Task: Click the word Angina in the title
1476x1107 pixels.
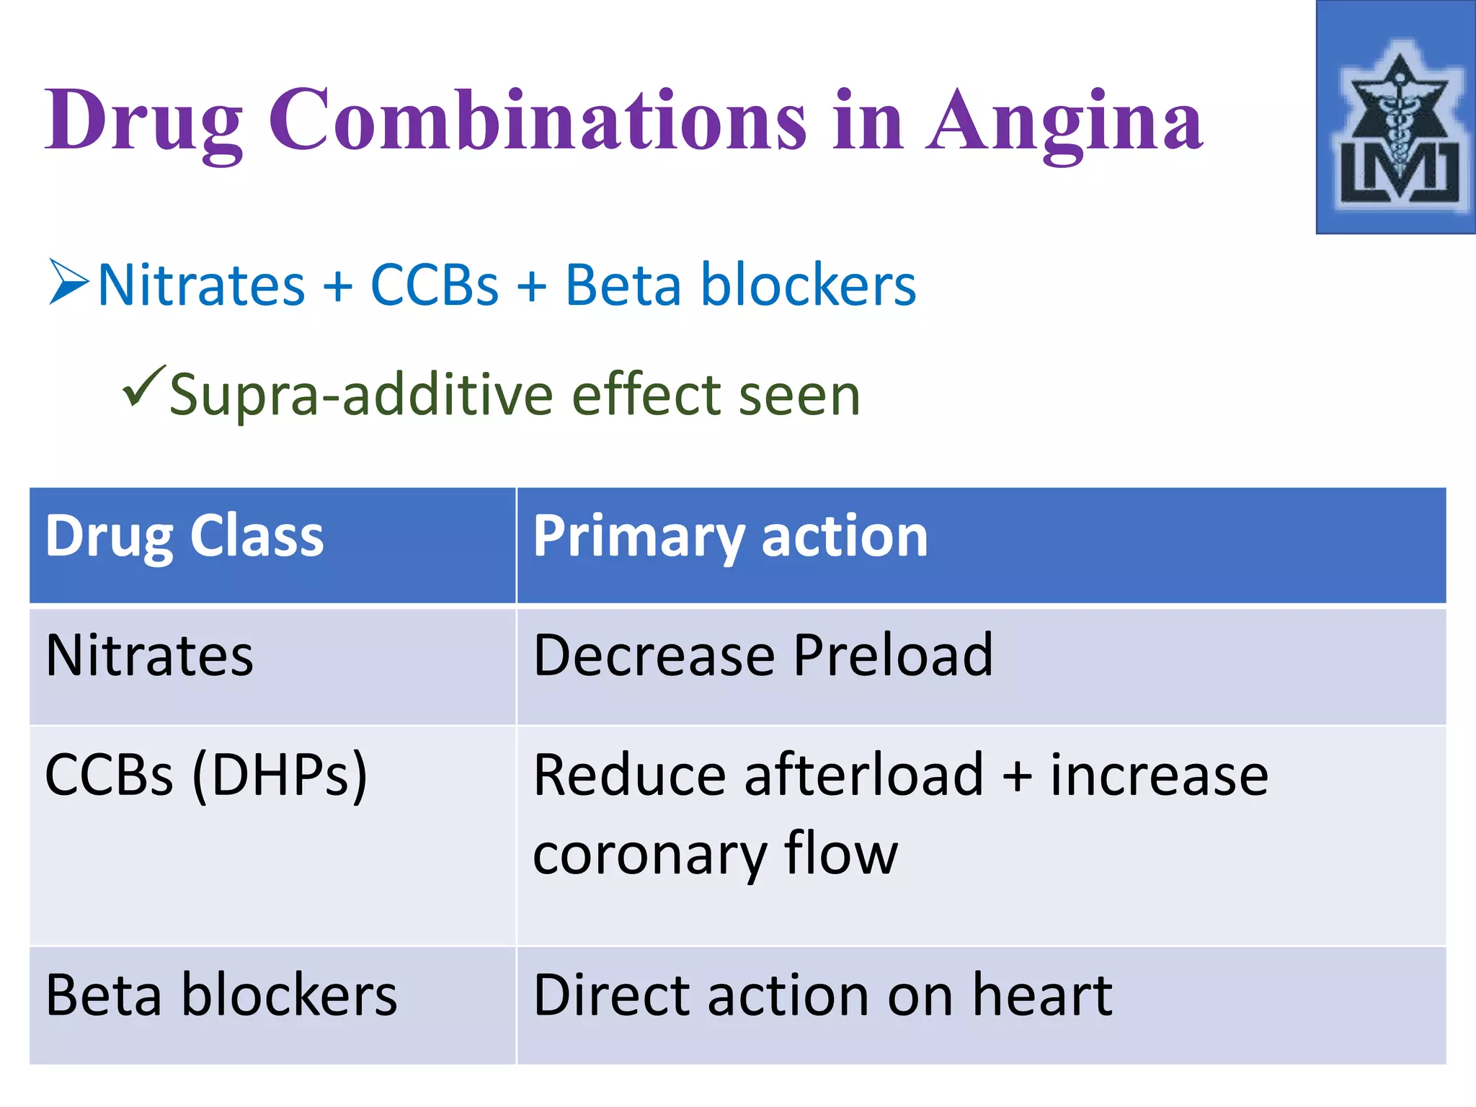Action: coord(1064,121)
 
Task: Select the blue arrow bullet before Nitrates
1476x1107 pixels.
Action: coord(68,283)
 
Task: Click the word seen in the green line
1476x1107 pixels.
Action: coord(799,395)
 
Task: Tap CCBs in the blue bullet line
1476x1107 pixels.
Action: coord(434,285)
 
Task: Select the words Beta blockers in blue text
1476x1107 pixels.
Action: coord(740,285)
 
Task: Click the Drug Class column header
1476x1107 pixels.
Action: coord(184,537)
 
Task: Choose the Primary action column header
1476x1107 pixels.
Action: coord(730,537)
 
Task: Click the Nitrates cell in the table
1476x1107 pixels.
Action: coord(149,655)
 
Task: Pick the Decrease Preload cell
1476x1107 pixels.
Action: coord(763,655)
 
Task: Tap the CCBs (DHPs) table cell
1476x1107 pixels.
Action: coord(205,775)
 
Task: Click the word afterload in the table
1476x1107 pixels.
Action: coord(863,775)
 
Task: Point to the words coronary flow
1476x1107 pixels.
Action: coord(715,854)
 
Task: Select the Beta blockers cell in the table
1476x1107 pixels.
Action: coord(221,995)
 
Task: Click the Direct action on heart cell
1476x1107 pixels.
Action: coord(822,995)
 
